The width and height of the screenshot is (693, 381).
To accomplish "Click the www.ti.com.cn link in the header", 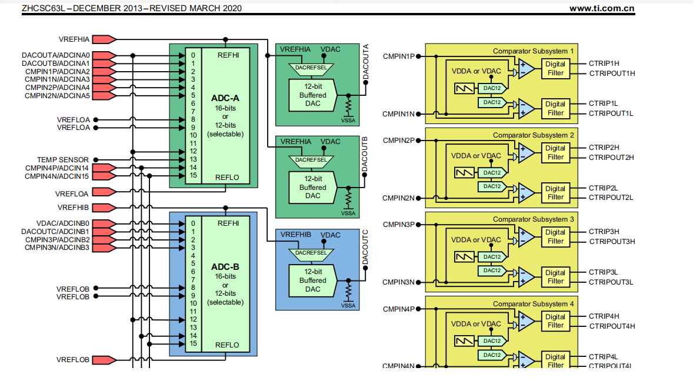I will pos(602,8).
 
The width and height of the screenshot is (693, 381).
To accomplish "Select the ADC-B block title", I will pos(225,266).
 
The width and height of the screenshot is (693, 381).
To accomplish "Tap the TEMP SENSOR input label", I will pos(63,159).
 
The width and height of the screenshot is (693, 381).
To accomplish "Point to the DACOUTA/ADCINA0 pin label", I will pos(56,55).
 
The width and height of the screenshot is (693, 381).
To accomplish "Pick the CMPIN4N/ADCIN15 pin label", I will pos(57,176).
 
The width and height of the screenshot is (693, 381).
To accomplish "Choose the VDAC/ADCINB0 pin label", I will pos(63,223).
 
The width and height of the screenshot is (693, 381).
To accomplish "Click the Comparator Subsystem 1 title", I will pos(533,51).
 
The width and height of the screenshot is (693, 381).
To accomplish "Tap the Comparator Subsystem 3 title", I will pos(533,219).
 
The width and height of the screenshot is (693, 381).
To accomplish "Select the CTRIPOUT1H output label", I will pos(612,73).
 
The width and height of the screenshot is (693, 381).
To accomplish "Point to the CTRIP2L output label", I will pos(603,188).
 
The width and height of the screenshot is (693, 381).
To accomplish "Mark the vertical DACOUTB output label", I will pos(365,155).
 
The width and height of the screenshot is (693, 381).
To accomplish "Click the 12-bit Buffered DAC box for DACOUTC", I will pos(312,280).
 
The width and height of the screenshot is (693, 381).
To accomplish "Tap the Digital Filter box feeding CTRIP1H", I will pos(555,68).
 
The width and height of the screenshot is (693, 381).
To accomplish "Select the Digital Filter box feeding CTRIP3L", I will pos(555,277).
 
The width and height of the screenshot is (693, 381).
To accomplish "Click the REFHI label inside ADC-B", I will pos(228,223).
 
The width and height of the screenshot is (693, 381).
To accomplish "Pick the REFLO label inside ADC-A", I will pos(227,177).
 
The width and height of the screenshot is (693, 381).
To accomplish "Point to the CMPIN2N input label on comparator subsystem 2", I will pos(399,198).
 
